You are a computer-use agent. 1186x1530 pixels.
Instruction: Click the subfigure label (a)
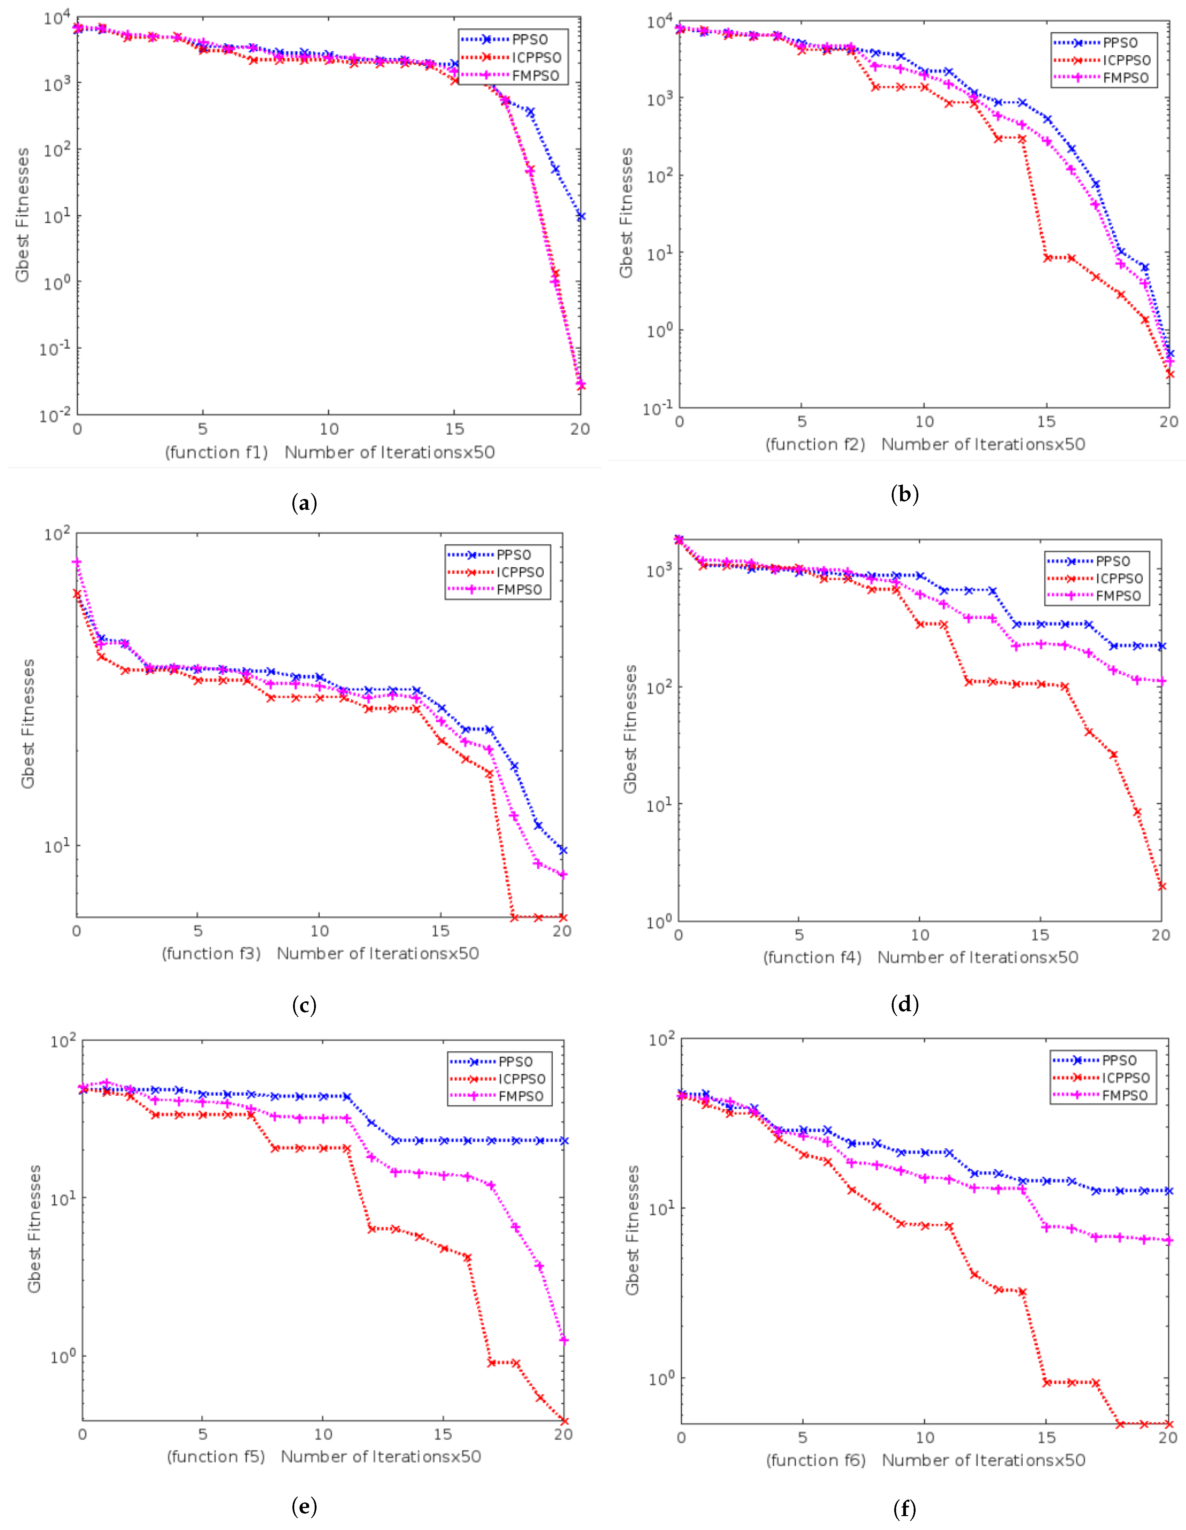pyautogui.click(x=304, y=503)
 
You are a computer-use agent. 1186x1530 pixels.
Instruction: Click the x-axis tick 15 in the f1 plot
pyautogui.click(x=455, y=429)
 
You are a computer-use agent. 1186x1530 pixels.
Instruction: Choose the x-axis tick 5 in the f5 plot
pyautogui.click(x=202, y=1434)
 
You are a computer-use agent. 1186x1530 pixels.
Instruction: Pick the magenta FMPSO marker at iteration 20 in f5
pyautogui.click(x=563, y=1340)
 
